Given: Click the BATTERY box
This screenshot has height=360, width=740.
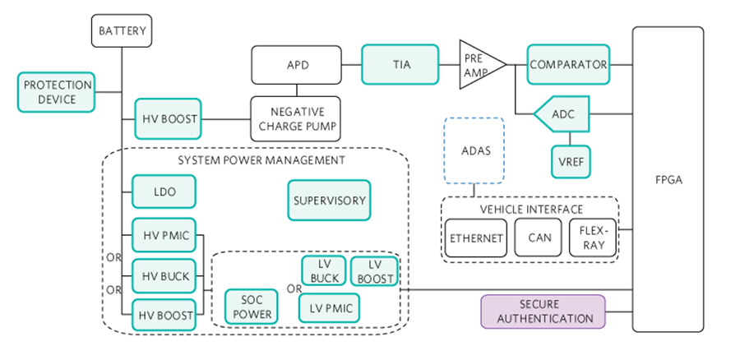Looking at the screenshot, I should tap(122, 32).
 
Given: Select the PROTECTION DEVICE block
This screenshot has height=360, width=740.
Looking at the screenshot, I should tap(56, 92).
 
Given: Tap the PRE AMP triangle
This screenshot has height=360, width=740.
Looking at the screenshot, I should tap(474, 65).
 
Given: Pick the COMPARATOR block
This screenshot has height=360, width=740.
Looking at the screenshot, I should tap(568, 65).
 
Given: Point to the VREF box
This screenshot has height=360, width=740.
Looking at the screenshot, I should tap(571, 160).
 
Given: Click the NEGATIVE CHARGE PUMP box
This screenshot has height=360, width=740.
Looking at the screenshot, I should tap(296, 119).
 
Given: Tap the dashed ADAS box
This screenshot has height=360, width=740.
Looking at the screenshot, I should tap(474, 150).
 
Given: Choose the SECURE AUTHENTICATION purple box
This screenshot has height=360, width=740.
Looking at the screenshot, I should tap(543, 312).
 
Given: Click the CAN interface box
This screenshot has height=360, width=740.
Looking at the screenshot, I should tap(539, 238).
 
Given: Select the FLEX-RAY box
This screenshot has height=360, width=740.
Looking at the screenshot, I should tap(592, 238).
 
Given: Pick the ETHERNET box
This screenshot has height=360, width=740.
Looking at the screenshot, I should tap(476, 238).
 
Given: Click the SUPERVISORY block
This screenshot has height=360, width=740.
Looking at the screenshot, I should tap(329, 200).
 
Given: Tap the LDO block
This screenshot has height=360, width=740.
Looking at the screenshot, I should tap(164, 192).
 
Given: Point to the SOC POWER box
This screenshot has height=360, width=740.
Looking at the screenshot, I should tap(251, 307).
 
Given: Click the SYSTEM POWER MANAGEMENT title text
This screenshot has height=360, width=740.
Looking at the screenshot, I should tap(261, 159).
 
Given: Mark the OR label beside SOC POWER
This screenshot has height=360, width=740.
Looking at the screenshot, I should tap(293, 288).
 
